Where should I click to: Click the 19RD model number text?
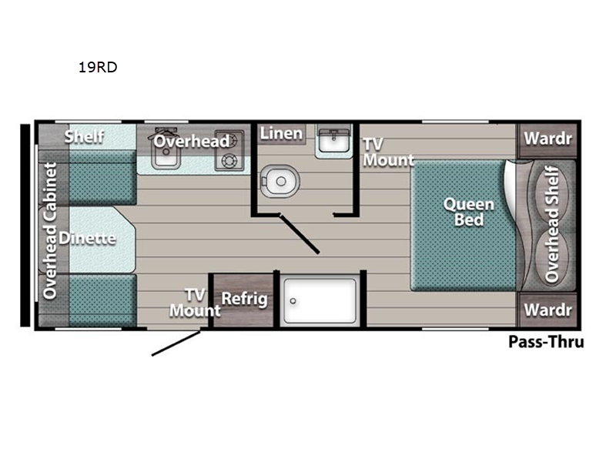point(98,67)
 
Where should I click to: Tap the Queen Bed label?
point(469,212)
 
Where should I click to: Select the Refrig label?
point(244,299)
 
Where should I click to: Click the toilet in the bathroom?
point(280,181)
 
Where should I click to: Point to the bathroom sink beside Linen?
point(333,141)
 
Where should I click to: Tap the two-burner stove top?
point(229,150)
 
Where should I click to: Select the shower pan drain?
point(293,301)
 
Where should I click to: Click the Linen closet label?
point(281,133)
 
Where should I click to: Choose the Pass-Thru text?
point(546,341)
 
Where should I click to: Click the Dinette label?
point(87,238)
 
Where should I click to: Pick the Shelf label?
point(84,136)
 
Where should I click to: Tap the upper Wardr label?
point(547,139)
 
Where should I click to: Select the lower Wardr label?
point(547,310)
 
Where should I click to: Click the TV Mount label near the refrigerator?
point(195,303)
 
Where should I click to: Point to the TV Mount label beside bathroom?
point(388,152)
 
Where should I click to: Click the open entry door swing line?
point(176,343)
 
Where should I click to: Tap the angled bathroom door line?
point(299,233)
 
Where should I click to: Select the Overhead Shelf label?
point(552,224)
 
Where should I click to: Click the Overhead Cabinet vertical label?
point(50,231)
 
